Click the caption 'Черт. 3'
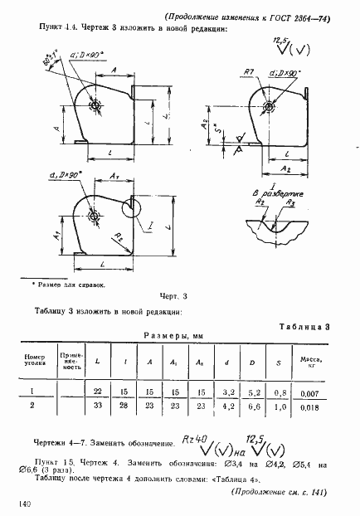tap(175, 295)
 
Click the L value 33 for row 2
tap(98, 407)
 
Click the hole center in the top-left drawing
tap(97, 105)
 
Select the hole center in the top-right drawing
tap(268, 108)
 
